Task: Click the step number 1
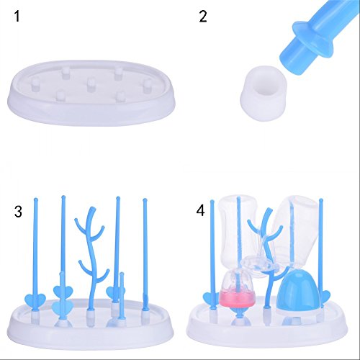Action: [x=17, y=17]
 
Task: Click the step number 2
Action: [x=203, y=17]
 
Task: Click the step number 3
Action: [x=18, y=212]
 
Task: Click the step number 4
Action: [x=200, y=211]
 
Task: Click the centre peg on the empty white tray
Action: [x=91, y=85]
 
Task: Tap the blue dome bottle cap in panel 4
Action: [x=298, y=292]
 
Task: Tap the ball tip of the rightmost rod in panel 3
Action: [x=145, y=200]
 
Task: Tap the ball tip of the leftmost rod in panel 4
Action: [x=212, y=202]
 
